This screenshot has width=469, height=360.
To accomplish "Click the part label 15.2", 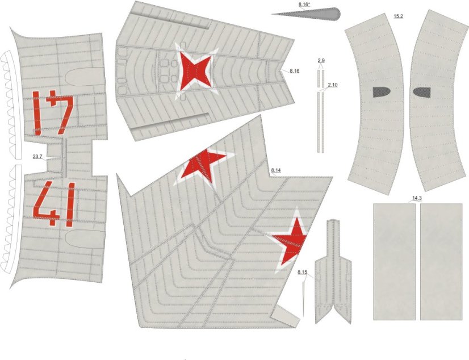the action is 398,16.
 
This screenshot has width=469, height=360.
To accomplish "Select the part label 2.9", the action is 321,61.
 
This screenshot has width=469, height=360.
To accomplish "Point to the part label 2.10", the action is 332,85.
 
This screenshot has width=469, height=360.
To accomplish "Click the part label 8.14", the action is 276,170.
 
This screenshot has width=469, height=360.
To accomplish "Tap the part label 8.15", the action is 303,272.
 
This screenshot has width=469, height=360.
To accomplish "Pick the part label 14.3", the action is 417,198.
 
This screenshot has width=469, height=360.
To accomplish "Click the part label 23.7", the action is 37,156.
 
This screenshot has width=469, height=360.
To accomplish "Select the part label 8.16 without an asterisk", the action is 294,71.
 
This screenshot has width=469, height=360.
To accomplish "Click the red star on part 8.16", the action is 196,71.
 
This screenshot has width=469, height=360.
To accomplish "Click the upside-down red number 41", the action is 53,112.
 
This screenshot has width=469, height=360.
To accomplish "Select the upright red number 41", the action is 54,204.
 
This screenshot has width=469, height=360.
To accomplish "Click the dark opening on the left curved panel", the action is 382,92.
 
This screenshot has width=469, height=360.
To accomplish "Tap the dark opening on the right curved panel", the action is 422,93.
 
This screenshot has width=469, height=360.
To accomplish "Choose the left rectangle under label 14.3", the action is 394,262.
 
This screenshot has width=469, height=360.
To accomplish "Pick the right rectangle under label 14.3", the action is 441,262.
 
